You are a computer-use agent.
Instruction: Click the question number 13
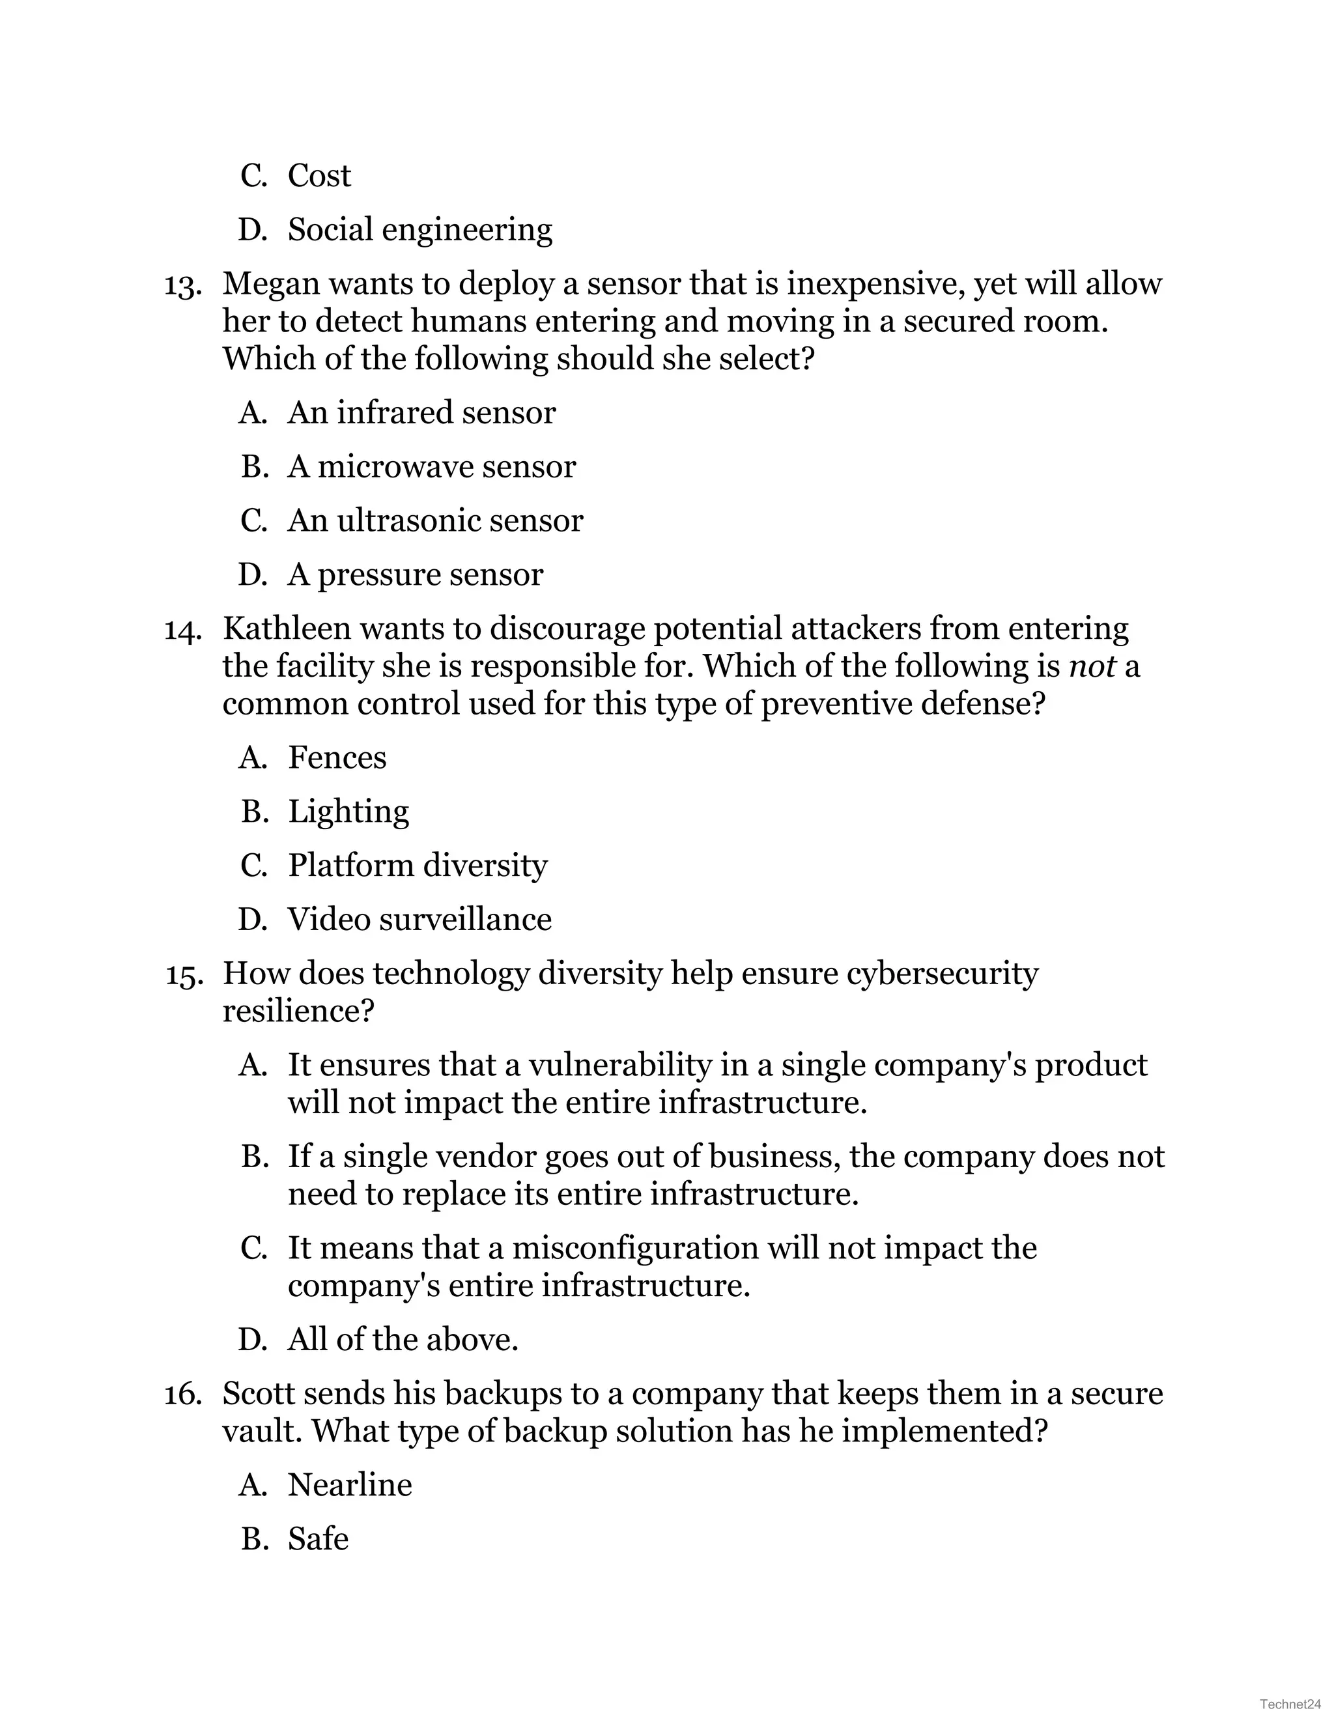(x=182, y=285)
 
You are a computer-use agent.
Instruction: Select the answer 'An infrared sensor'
(x=421, y=412)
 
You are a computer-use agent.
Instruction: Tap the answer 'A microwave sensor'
(x=431, y=466)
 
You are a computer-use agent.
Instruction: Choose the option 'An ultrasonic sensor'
(x=434, y=520)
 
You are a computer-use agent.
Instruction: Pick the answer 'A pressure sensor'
(x=415, y=574)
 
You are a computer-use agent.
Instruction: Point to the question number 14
(x=182, y=630)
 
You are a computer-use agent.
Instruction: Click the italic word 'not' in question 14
(x=1092, y=666)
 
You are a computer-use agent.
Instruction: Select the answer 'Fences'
(x=337, y=757)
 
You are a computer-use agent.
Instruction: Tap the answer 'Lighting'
(x=348, y=812)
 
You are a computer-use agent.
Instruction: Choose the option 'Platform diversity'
(x=418, y=866)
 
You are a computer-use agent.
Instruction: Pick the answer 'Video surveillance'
(x=419, y=919)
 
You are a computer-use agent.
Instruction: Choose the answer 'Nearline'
(x=349, y=1485)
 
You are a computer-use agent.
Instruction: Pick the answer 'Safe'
(x=318, y=1538)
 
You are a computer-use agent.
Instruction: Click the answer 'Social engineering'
(x=419, y=230)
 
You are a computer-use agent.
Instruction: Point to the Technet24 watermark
(x=1290, y=1703)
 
